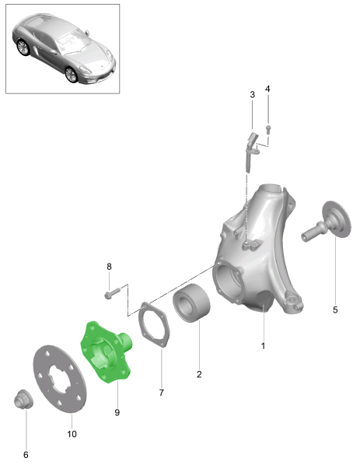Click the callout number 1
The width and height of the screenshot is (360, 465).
(263, 346)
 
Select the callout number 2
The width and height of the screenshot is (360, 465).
(199, 374)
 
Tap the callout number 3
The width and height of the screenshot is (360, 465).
(252, 95)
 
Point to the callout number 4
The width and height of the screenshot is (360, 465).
(267, 89)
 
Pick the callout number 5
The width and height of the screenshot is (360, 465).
(335, 310)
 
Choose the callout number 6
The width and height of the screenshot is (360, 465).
(26, 455)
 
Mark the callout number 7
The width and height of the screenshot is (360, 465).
(161, 393)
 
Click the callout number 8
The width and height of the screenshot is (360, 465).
(109, 267)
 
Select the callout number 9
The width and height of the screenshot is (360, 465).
(117, 412)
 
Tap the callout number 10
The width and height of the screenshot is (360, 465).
(72, 434)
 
